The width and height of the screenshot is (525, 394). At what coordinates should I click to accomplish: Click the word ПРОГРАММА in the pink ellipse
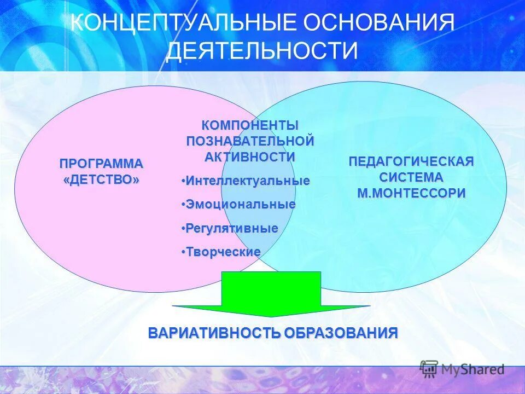pos(101,164)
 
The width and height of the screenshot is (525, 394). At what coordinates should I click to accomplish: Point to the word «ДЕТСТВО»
pos(101,179)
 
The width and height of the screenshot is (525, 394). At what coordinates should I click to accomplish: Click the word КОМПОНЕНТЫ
pos(250,125)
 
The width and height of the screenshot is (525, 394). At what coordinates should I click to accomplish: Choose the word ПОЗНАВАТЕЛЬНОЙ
pos(250,141)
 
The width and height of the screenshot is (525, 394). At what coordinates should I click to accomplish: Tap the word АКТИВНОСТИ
pos(250,157)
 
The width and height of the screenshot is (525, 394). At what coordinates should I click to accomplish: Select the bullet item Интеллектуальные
pos(247,181)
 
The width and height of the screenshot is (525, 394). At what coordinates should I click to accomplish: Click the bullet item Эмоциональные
pos(240,205)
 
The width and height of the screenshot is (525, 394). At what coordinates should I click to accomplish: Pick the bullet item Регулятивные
pos(231,228)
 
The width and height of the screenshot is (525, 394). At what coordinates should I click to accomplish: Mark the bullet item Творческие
pos(223,252)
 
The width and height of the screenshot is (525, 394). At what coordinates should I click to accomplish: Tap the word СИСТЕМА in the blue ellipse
pos(411,177)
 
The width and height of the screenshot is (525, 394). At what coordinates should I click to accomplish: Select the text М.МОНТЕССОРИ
pos(411,193)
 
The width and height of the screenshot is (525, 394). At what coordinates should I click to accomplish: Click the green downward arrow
pos(271,296)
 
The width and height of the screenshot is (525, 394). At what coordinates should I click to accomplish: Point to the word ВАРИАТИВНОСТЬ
pos(214,333)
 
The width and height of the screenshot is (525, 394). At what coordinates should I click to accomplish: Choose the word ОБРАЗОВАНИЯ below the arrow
pos(340,333)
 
